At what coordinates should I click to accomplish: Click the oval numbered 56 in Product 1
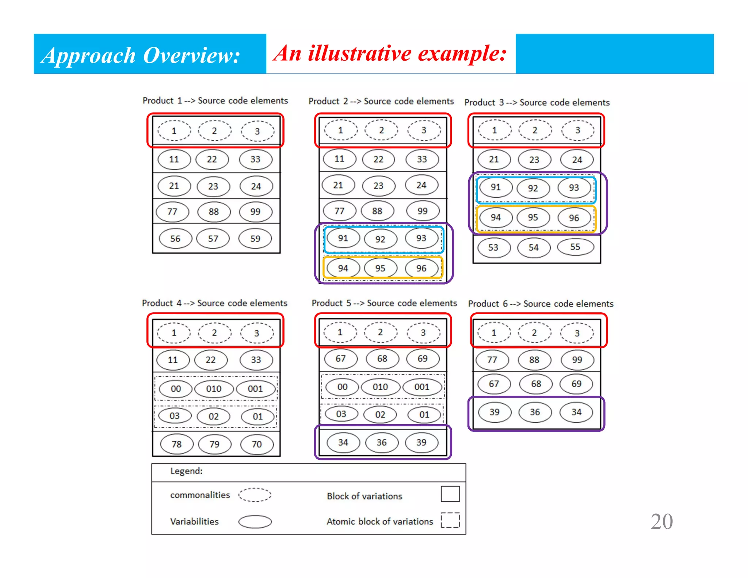pyautogui.click(x=175, y=239)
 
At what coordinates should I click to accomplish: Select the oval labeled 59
pyautogui.click(x=255, y=239)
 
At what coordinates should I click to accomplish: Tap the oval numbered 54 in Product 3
pyautogui.click(x=534, y=247)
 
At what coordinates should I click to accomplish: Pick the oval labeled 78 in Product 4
pyautogui.click(x=177, y=444)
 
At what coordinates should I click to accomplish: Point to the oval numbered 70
pyautogui.click(x=257, y=444)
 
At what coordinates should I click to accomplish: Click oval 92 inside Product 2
pyautogui.click(x=380, y=239)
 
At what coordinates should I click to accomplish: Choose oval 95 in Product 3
pyautogui.click(x=533, y=217)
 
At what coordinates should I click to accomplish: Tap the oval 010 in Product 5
pyautogui.click(x=380, y=387)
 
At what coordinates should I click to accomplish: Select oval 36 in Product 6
pyautogui.click(x=535, y=412)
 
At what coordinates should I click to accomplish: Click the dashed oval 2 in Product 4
pyautogui.click(x=214, y=333)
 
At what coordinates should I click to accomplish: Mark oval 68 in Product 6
pyautogui.click(x=536, y=384)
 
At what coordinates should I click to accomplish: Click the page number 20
pyautogui.click(x=661, y=521)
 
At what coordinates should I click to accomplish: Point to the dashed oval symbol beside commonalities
pyautogui.click(x=255, y=495)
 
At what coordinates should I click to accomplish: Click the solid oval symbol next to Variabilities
pyautogui.click(x=255, y=522)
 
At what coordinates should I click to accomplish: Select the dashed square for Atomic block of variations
pyautogui.click(x=450, y=520)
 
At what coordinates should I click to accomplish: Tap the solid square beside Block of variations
pyautogui.click(x=450, y=494)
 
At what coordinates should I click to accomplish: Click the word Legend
pyautogui.click(x=186, y=471)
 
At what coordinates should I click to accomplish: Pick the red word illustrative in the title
pyautogui.click(x=360, y=53)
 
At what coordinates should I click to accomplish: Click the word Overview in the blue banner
pyautogui.click(x=191, y=56)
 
